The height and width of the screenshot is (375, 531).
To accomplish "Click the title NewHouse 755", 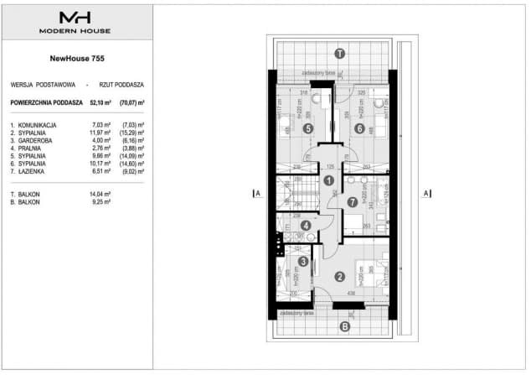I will click(x=75, y=59).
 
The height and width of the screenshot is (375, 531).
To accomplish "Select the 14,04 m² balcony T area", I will click(x=100, y=194).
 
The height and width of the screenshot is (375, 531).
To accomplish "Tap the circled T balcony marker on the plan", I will click(x=339, y=53).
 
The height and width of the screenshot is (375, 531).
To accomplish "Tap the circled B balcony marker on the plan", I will click(x=344, y=326).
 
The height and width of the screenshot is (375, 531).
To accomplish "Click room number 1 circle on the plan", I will click(x=329, y=179).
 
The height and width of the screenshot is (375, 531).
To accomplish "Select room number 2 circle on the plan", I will click(x=340, y=277).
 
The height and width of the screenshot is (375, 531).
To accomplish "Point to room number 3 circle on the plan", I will click(x=303, y=261).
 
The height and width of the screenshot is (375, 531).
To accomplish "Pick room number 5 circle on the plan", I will click(x=308, y=128).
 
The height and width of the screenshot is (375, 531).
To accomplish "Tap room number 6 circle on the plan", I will click(x=359, y=128).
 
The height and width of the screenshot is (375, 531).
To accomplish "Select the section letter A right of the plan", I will click(x=426, y=193).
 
